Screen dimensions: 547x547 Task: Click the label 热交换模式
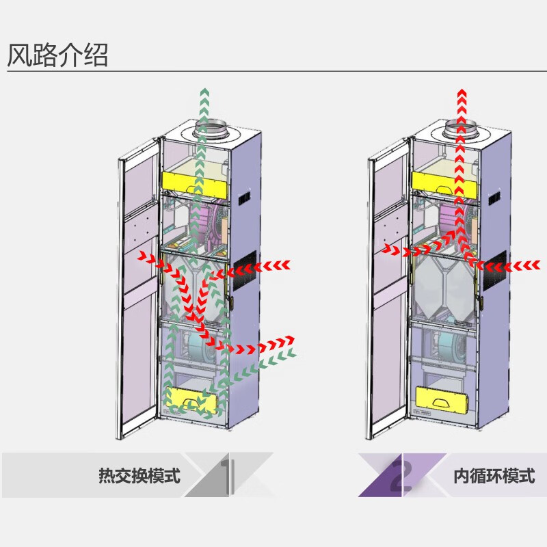coord(139,475)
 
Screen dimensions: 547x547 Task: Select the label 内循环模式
coord(494,475)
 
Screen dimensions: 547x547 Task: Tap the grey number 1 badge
coord(229,474)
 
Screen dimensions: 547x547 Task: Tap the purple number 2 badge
coord(403,474)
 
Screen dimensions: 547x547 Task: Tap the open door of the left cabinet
coord(139,287)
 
